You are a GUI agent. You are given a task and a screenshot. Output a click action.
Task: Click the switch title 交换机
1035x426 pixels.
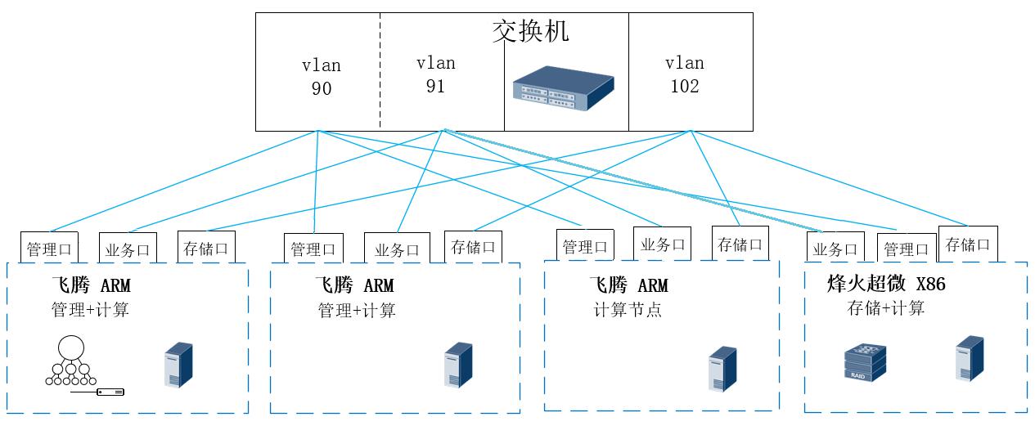coord(529,31)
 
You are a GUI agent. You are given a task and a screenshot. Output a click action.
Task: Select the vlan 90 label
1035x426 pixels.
coord(322,77)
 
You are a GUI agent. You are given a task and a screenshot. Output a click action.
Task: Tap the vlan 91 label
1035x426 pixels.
coord(435,74)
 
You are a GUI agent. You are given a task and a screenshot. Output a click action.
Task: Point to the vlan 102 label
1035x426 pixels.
coord(684,74)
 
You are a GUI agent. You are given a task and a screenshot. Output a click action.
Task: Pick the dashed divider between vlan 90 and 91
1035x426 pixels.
coord(380,72)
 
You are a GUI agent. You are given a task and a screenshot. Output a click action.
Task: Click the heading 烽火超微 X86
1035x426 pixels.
coord(887,285)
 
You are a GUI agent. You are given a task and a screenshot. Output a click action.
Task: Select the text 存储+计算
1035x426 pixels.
coord(886,308)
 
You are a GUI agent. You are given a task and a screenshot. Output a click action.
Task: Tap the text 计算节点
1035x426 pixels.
coord(628,310)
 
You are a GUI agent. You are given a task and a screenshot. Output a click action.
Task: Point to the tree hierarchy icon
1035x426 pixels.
coord(71,361)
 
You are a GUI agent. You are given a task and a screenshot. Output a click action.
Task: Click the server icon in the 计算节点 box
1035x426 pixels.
coord(722,369)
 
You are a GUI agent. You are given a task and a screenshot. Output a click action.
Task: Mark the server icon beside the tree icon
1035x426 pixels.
coord(178,365)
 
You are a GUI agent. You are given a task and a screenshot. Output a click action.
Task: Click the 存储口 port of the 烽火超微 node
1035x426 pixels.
coord(968,244)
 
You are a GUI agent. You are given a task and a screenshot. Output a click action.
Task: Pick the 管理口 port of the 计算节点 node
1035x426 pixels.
coord(585,246)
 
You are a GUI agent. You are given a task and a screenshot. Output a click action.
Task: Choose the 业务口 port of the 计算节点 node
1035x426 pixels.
coord(662,244)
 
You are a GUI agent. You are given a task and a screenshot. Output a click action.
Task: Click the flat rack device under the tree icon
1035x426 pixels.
coord(98,392)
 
